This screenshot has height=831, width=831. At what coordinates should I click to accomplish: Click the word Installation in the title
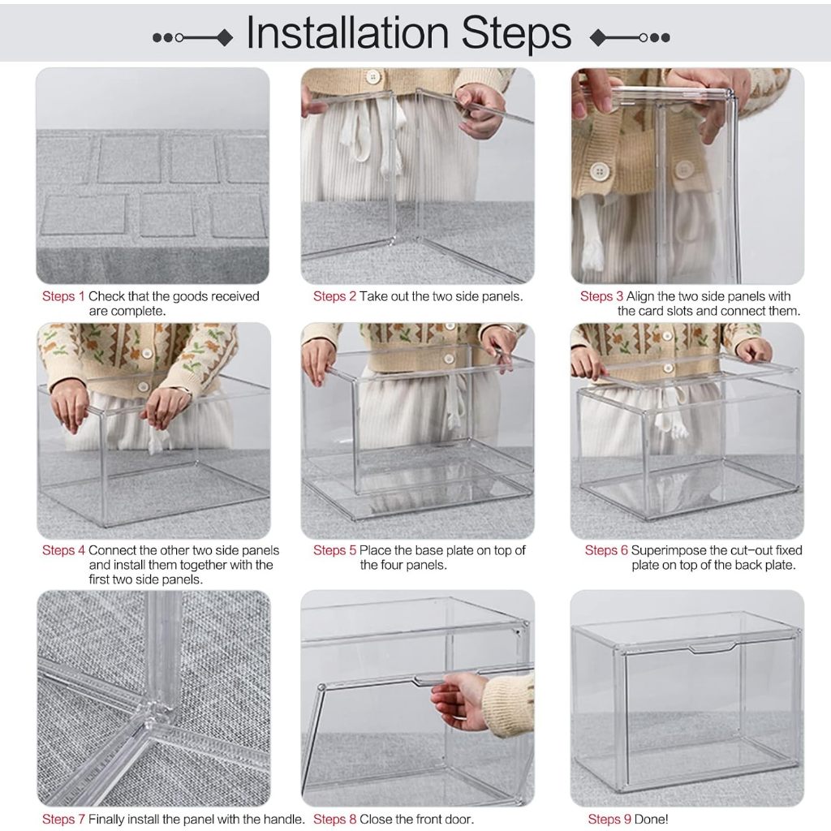pos(347,32)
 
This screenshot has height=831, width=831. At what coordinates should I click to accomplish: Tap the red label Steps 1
pos(63,296)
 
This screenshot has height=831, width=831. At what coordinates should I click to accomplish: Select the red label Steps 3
pos(601,296)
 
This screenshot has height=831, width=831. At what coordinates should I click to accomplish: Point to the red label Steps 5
pos(334,551)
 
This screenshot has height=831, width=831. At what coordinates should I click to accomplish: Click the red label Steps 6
pos(606,551)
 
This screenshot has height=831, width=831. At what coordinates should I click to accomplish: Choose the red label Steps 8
pos(334,820)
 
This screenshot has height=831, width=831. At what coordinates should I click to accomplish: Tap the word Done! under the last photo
pos(651,820)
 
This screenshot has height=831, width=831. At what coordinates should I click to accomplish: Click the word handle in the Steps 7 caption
pos(285,820)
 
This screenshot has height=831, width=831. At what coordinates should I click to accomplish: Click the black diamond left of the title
pos(226,37)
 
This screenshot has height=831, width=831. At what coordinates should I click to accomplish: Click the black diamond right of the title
pos(598,37)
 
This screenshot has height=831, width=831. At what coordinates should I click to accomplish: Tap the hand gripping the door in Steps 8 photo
pos(459,700)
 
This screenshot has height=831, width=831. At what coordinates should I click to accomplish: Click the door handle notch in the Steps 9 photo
pos(712,648)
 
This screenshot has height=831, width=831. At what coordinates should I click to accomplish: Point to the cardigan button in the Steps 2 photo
pos(373,77)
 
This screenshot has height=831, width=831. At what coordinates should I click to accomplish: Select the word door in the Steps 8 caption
pos(459,820)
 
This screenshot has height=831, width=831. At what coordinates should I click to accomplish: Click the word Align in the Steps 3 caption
pos(640,296)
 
